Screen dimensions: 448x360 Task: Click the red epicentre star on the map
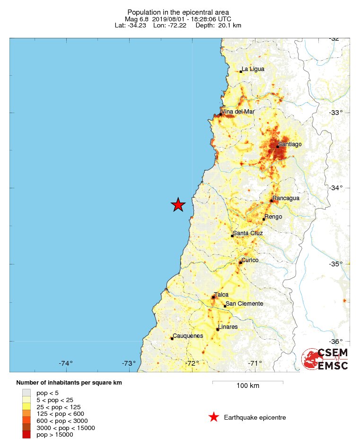tap(178, 204)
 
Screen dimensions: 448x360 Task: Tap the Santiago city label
tap(290, 144)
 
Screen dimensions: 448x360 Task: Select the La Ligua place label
tap(253, 69)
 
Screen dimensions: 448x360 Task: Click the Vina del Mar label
tap(238, 112)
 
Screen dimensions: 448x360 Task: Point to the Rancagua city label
tap(286, 198)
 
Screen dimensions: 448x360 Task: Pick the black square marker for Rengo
tap(263, 219)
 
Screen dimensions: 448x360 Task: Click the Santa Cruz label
tap(248, 233)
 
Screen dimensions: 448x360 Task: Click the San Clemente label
tap(244, 304)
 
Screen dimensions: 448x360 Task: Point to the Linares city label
tap(228, 327)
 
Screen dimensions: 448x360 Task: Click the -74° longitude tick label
tap(66, 363)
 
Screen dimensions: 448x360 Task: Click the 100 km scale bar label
tap(247, 386)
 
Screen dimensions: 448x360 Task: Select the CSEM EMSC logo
tap(325, 359)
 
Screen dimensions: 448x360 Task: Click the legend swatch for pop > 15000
tap(26, 435)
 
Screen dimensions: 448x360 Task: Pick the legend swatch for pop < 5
tap(26, 393)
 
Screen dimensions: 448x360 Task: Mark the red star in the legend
tap(214, 417)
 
